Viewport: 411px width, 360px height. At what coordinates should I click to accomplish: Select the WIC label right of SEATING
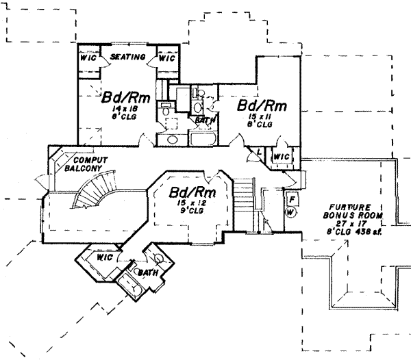click(x=168, y=59)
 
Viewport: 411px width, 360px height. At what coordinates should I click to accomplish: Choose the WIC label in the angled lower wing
click(x=104, y=259)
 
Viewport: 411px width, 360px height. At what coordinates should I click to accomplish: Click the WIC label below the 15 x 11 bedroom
click(x=282, y=156)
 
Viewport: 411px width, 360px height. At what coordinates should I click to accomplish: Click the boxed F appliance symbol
click(x=291, y=199)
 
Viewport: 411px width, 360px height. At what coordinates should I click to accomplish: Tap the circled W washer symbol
click(x=291, y=211)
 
